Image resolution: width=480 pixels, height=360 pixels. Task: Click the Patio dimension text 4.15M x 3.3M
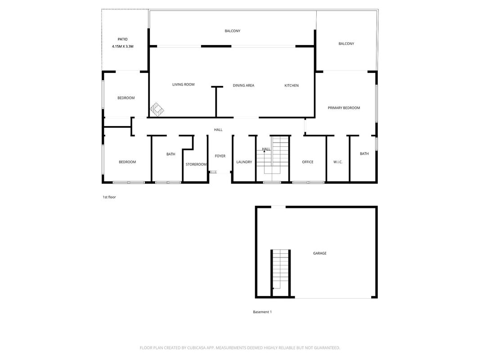click(122, 46)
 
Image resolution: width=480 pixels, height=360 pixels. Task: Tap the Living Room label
click(184, 85)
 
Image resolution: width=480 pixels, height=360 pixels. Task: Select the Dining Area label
click(243, 85)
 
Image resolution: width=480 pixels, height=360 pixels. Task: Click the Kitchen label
click(292, 85)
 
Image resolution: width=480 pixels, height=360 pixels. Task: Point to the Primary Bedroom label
click(344, 108)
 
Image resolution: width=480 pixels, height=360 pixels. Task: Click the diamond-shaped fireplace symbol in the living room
click(157, 110)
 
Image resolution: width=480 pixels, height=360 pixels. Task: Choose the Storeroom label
click(196, 164)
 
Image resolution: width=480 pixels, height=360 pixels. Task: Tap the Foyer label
click(220, 156)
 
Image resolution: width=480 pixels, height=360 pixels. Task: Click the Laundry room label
click(244, 162)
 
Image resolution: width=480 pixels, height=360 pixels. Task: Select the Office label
click(308, 162)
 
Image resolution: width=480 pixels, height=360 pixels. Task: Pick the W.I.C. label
click(338, 162)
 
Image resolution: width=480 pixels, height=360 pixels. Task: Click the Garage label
click(319, 253)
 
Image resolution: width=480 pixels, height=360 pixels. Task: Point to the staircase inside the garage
click(280, 270)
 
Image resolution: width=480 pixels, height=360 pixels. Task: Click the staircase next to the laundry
click(273, 159)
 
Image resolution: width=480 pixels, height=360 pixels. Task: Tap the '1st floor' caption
click(109, 197)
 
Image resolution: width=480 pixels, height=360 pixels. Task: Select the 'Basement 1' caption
click(262, 312)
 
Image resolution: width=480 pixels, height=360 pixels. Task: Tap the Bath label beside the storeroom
click(171, 154)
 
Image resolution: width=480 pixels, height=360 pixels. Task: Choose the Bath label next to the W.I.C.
click(364, 153)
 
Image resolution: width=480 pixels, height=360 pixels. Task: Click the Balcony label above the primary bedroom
click(346, 44)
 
